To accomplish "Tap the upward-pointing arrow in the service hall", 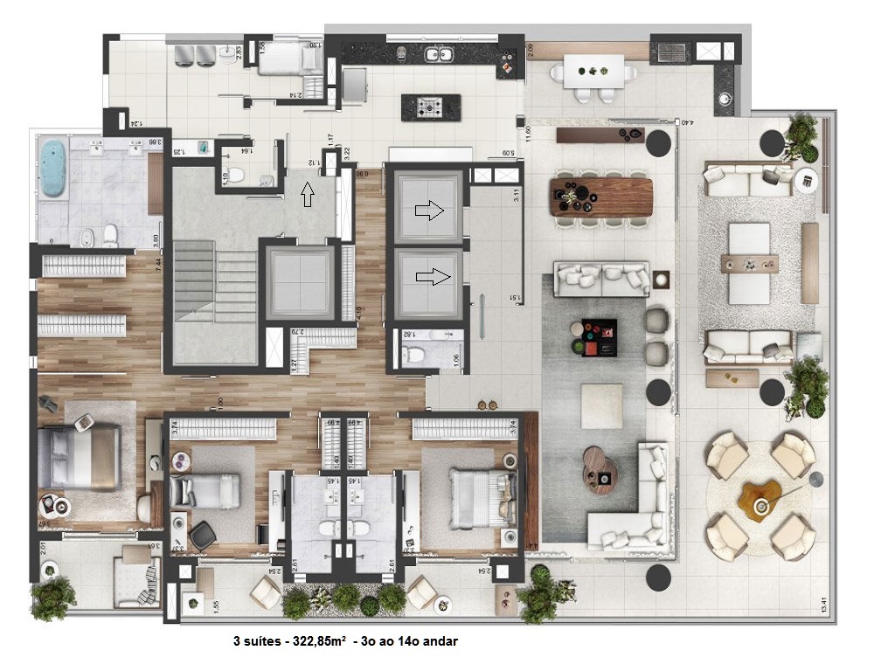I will point(306,193).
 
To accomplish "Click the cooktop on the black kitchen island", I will point(430,107).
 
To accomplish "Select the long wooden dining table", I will point(601,196).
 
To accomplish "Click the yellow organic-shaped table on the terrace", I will point(758,498).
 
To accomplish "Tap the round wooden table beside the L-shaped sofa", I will point(600,470).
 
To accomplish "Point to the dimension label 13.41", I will point(822,604).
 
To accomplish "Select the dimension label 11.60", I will point(529,139).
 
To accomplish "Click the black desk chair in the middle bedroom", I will point(203,534).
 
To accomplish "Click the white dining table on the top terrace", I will point(594,71).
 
